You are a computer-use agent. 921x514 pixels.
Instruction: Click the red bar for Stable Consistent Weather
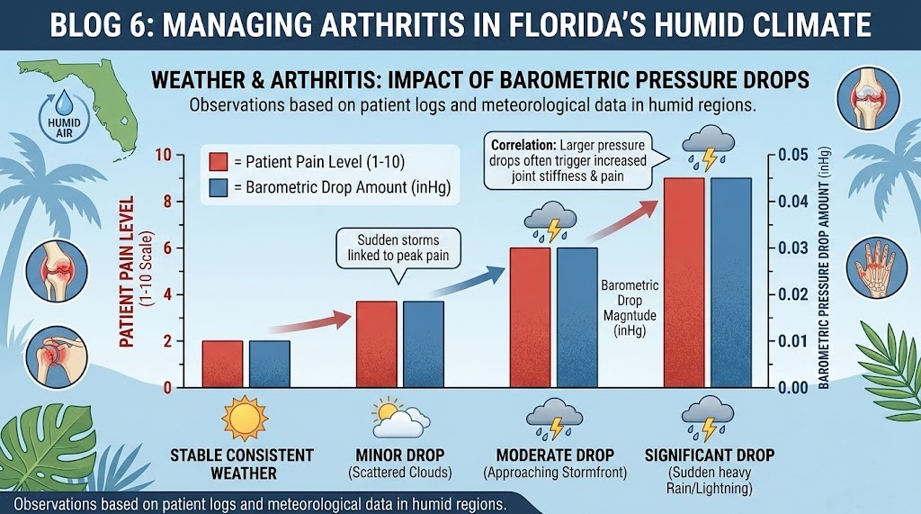pyautogui.click(x=222, y=364)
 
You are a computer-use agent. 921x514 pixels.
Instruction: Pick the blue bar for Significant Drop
pyautogui.click(x=730, y=283)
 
